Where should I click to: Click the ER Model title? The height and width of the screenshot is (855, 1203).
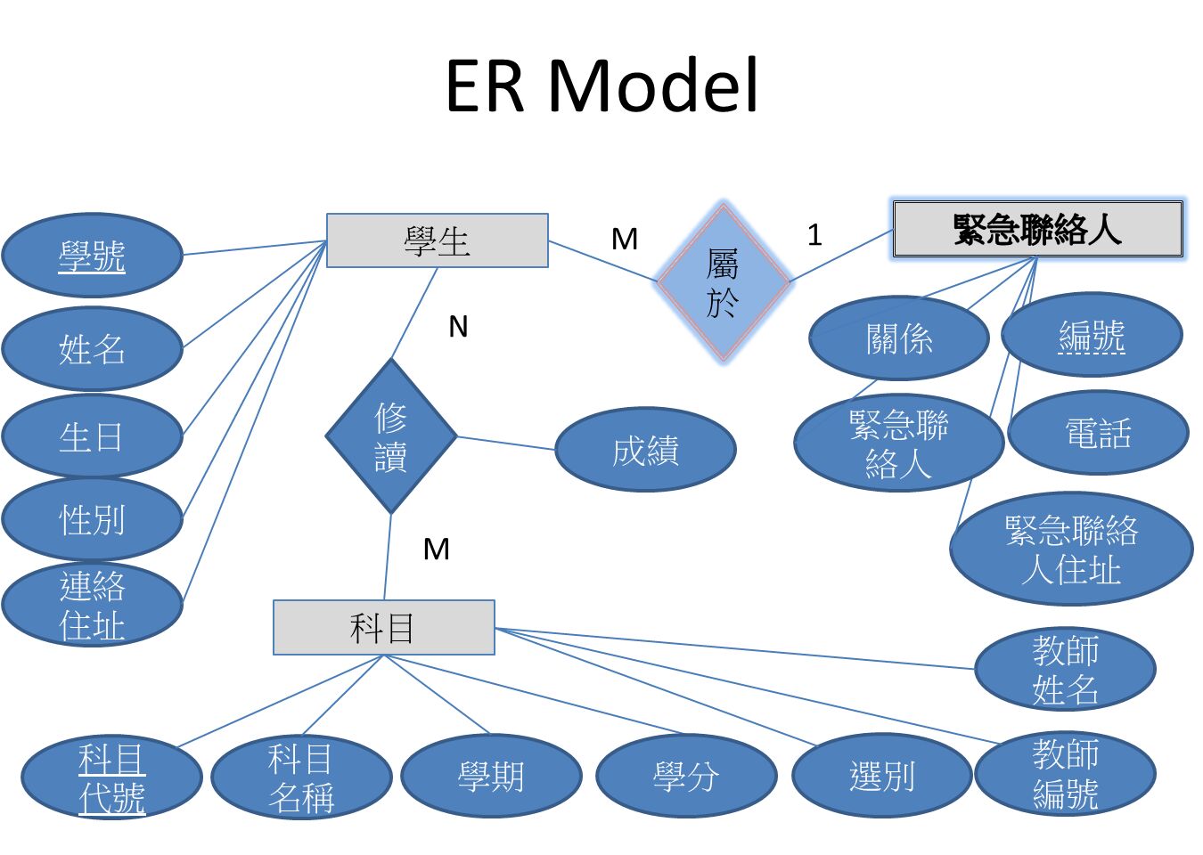point(601,85)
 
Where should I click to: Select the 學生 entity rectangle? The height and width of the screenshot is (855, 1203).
point(437,240)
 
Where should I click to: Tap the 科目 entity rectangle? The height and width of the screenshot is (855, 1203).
point(383,628)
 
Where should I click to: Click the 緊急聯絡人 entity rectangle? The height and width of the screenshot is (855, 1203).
point(1037,230)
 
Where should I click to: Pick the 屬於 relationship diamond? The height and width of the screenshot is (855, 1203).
point(724,282)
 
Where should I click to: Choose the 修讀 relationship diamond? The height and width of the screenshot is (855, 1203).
point(391,436)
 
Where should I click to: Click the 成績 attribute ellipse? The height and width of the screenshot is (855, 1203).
point(645,450)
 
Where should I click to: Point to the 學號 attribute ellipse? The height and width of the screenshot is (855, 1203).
point(92,256)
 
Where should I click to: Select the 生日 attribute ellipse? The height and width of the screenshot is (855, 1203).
point(92,436)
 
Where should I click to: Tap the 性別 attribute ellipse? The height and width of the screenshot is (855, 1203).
point(92,519)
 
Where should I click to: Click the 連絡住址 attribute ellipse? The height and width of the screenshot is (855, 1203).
point(92,605)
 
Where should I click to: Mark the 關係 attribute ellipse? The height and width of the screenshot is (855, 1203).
point(898,338)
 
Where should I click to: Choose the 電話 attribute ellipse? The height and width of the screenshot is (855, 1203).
point(1098,433)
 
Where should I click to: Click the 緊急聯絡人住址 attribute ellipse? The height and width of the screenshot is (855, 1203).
point(1071,549)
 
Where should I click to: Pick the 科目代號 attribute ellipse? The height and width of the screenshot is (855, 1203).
point(111,778)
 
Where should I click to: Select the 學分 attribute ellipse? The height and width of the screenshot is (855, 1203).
point(685,776)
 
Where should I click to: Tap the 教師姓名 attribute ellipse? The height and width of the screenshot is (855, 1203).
point(1065,669)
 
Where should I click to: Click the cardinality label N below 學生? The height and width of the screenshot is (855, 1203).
point(458,327)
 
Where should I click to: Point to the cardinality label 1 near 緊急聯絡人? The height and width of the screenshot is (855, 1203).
point(814,235)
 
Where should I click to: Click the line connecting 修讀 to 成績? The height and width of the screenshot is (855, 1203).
point(506,443)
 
